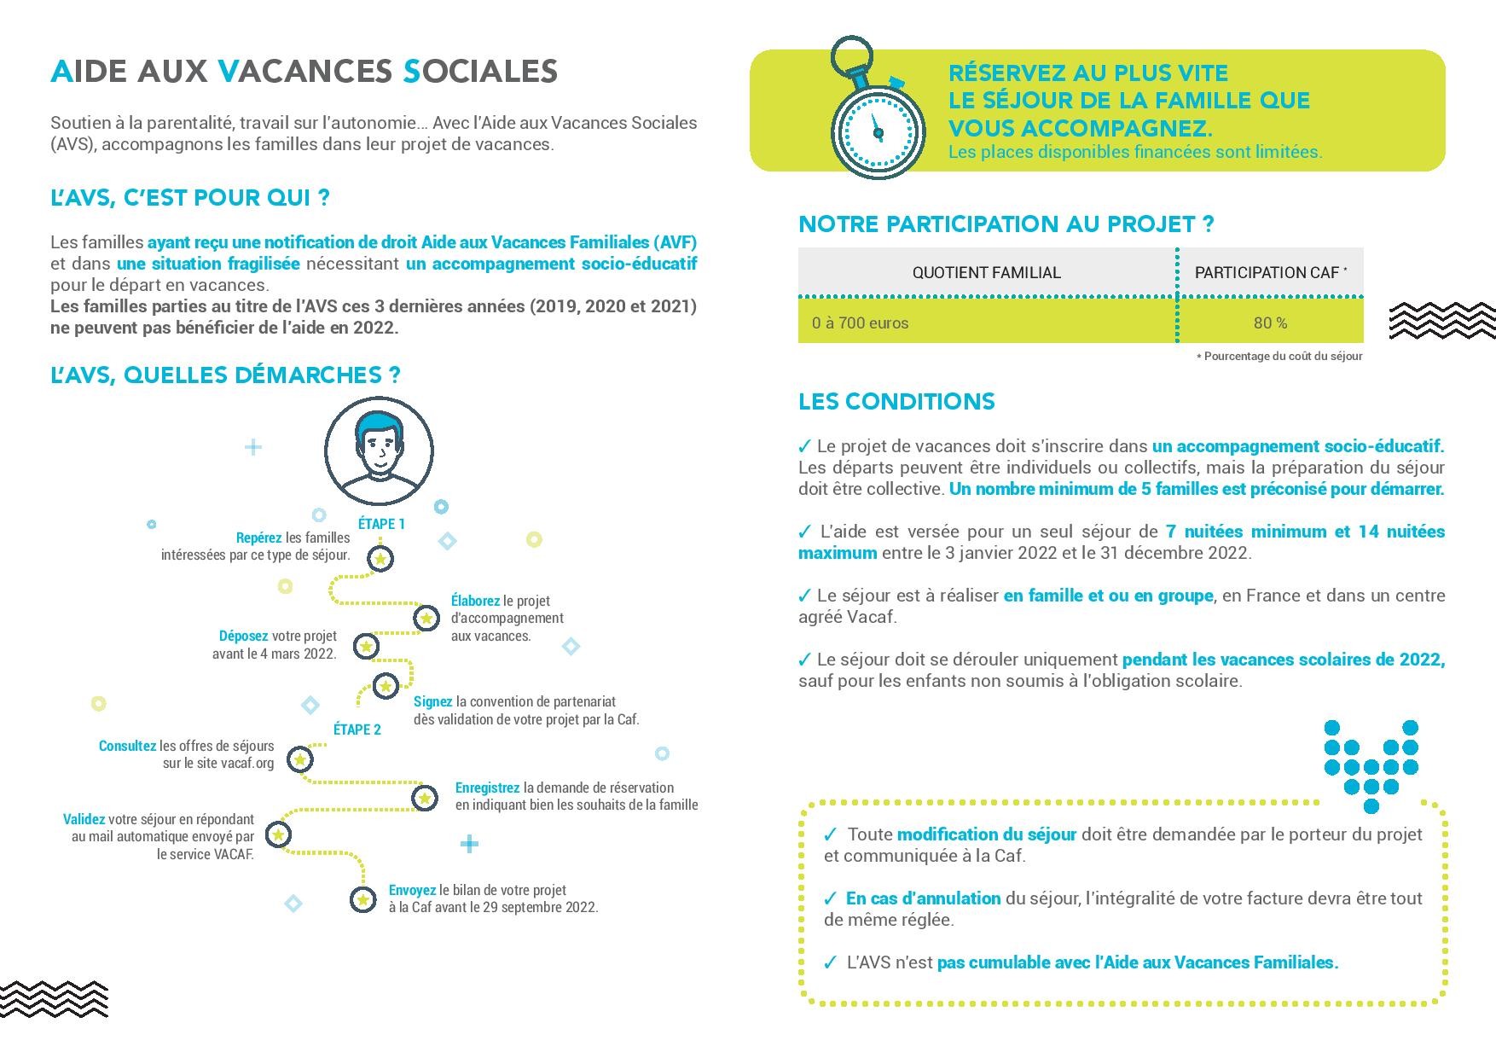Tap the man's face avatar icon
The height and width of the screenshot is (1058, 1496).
379,451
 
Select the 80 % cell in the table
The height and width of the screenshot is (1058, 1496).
1270,323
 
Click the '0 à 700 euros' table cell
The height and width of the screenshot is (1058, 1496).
861,323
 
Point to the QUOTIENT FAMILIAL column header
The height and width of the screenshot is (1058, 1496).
986,273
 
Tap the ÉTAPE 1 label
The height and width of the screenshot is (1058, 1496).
381,524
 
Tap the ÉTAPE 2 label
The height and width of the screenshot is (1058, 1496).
357,730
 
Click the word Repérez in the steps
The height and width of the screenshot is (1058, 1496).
258,538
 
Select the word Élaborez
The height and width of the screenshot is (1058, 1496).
475,601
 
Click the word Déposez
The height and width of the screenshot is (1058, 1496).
243,636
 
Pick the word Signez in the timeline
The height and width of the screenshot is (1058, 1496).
432,701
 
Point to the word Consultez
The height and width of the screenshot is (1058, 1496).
127,746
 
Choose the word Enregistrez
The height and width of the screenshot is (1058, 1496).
487,788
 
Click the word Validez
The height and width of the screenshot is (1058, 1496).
84,819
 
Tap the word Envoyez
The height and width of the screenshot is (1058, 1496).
412,890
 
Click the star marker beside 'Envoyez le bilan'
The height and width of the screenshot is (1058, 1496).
362,899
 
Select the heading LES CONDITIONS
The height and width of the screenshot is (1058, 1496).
896,402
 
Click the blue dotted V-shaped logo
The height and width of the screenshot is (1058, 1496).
1371,765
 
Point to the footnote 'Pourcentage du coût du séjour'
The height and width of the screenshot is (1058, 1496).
1282,356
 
